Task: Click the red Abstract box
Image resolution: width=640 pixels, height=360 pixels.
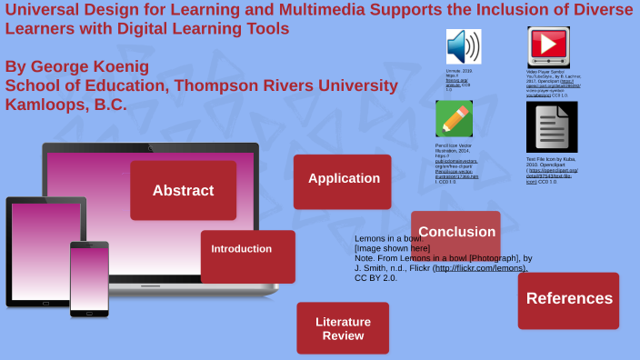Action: (183, 190)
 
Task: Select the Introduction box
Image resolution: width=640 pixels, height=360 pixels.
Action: (247, 255)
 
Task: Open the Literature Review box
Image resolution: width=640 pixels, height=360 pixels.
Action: (343, 328)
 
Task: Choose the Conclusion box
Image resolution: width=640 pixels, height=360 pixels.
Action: (455, 232)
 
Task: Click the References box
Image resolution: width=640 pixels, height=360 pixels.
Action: (568, 299)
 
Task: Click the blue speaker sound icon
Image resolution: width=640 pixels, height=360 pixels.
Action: (463, 46)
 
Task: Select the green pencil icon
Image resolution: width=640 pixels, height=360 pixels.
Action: (454, 118)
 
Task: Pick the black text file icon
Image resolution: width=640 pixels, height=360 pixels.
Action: (551, 126)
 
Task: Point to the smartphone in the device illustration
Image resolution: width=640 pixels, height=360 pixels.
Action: (89, 278)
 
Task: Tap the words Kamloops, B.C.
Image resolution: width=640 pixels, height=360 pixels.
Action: (66, 104)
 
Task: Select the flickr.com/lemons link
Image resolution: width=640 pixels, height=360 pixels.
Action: (481, 268)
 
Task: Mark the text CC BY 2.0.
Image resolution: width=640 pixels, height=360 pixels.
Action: (375, 278)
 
